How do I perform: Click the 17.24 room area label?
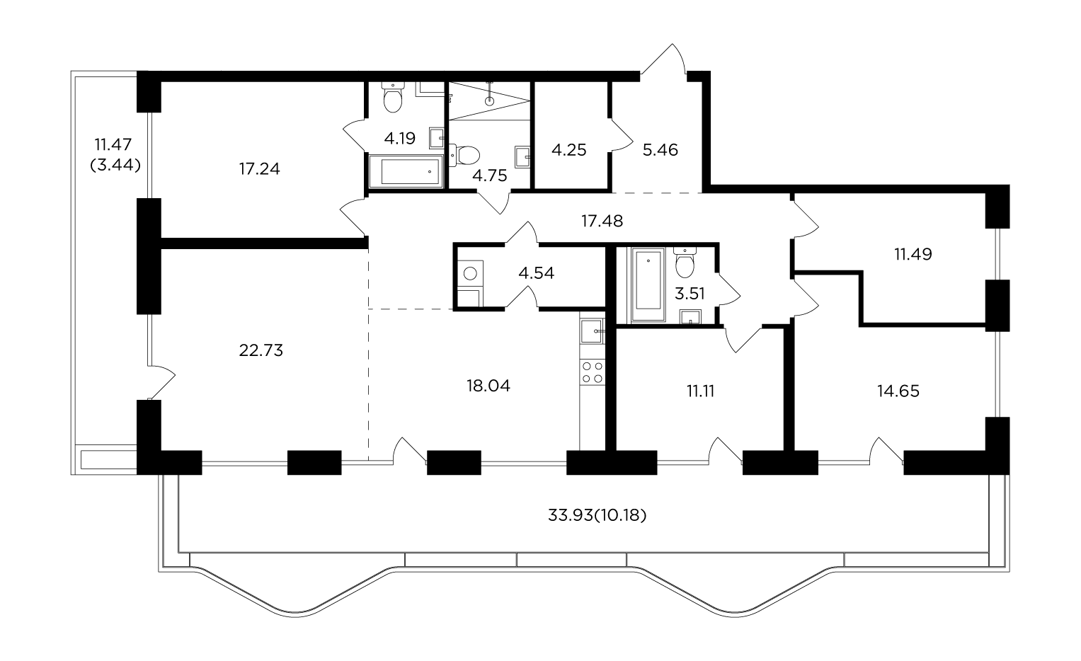pyautogui.click(x=259, y=169)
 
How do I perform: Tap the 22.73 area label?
pyautogui.click(x=261, y=350)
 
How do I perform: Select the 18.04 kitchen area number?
pyautogui.click(x=488, y=386)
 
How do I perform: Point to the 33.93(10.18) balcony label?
pyautogui.click(x=597, y=515)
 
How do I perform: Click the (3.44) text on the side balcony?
pyautogui.click(x=115, y=166)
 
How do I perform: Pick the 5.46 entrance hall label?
pyautogui.click(x=660, y=150)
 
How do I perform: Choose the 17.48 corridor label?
pyautogui.click(x=602, y=221)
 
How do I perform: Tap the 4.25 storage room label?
pyautogui.click(x=569, y=150)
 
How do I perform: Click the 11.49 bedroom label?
pyautogui.click(x=913, y=254)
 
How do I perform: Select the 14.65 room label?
pyautogui.click(x=898, y=391)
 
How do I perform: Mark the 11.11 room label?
pyautogui.click(x=700, y=391)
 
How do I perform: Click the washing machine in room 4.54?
pyautogui.click(x=470, y=274)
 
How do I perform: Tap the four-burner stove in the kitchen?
pyautogui.click(x=592, y=372)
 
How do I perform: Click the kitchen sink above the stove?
pyautogui.click(x=592, y=331)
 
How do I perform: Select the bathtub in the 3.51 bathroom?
pyautogui.click(x=648, y=284)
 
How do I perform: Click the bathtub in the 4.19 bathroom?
pyautogui.click(x=406, y=171)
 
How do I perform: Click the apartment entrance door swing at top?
pyautogui.click(x=663, y=60)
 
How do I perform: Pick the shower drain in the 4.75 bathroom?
pyautogui.click(x=490, y=101)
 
